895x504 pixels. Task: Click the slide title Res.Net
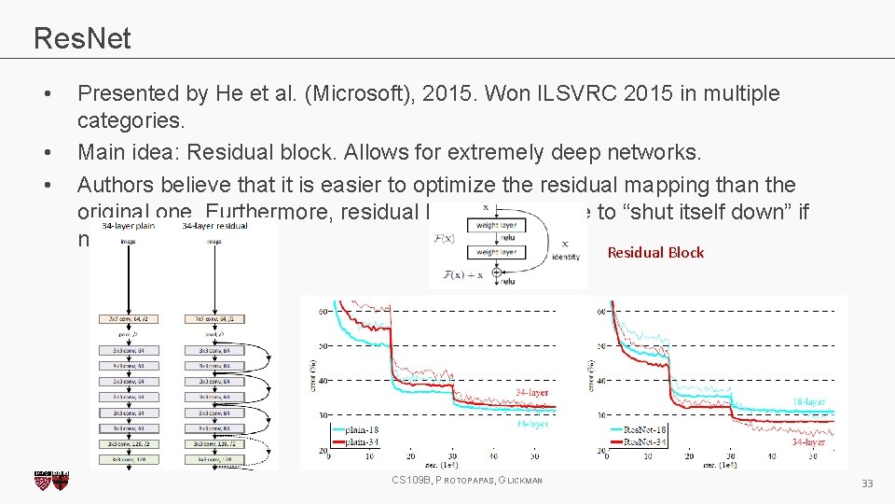coord(82,38)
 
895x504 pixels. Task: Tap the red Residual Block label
coord(655,252)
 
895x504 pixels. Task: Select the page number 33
coord(866,483)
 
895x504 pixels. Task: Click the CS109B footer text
coord(467,480)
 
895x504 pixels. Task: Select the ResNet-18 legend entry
coord(644,429)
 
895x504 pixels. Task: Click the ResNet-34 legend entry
coord(644,441)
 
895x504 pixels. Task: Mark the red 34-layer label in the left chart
coord(531,393)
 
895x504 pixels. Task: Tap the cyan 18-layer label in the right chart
coord(807,401)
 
